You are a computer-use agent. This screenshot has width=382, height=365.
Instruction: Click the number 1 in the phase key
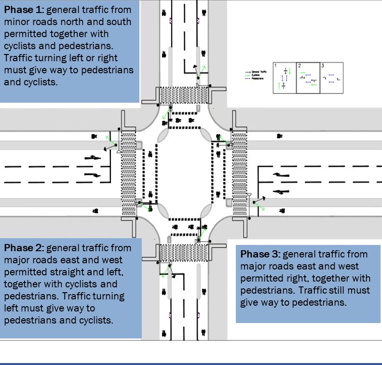pyautogui.click(x=275, y=65)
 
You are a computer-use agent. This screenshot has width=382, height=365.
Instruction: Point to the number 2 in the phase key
pyautogui.click(x=299, y=65)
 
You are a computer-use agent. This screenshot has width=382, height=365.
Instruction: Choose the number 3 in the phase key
pyautogui.click(x=322, y=65)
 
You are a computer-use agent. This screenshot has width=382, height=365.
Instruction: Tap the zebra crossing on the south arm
pyautogui.click(x=184, y=252)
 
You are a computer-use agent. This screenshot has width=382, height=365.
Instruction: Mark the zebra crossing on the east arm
pyautogui.click(x=239, y=174)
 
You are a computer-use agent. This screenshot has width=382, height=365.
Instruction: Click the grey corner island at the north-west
pyautogui.click(x=163, y=135)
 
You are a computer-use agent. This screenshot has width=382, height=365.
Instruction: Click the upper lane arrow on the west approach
pyautogui.click(x=92, y=157)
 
